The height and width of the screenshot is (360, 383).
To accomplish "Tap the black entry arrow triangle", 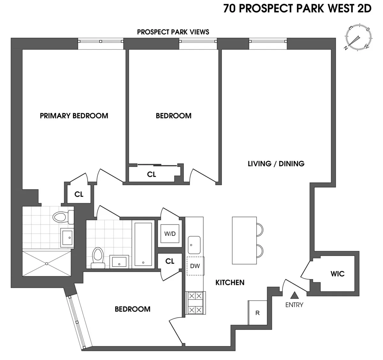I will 295,295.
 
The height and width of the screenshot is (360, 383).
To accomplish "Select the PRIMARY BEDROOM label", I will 74,116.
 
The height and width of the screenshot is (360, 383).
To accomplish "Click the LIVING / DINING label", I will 276,164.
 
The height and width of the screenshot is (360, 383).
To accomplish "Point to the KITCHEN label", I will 230,282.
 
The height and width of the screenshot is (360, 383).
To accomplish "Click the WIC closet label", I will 337,274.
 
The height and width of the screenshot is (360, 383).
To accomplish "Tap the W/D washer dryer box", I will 170,234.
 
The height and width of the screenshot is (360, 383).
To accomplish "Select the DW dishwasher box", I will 195,266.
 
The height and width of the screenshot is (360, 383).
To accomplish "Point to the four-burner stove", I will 195,303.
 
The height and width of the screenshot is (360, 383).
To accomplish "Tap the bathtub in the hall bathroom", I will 143,244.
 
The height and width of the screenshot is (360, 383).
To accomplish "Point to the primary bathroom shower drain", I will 47,264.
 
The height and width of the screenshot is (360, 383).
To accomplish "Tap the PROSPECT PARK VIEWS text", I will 173,32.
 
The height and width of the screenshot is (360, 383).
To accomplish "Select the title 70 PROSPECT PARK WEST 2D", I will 297,8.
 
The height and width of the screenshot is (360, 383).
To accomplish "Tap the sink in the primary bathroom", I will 67,237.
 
